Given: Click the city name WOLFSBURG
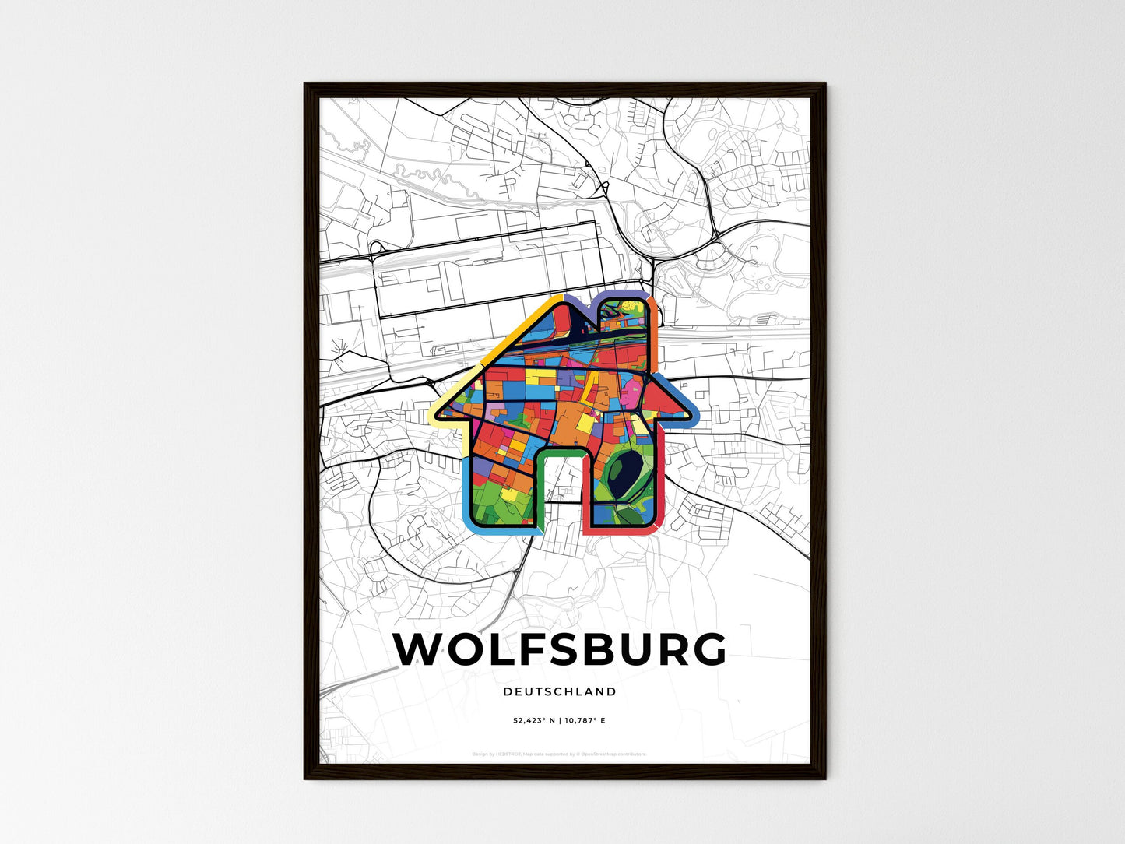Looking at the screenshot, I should coord(560,649).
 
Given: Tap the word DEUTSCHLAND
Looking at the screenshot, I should coord(560,691).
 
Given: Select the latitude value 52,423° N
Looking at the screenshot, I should coord(534,721).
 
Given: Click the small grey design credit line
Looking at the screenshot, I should coord(559,754).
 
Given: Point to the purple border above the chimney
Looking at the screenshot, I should coord(623,294).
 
